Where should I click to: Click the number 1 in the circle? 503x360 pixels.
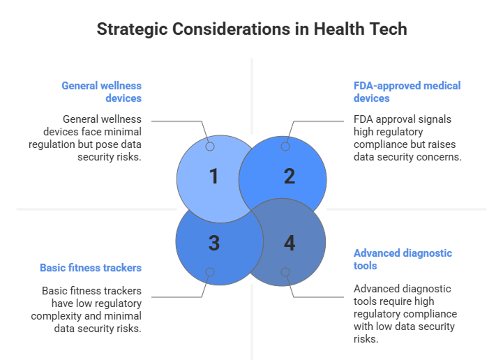(x=214, y=177)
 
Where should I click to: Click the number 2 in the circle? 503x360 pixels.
(x=290, y=177)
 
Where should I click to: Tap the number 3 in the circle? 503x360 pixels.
(x=214, y=243)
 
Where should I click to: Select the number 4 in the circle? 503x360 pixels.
(x=290, y=243)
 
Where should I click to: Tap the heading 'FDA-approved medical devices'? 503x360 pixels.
(x=407, y=92)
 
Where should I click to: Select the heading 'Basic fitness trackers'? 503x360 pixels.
(x=91, y=267)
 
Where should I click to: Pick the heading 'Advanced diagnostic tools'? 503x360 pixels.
(x=403, y=259)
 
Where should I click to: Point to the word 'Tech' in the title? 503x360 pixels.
(x=387, y=29)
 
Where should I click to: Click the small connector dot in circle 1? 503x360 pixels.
(x=210, y=147)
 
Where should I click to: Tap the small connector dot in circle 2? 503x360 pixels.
(x=285, y=147)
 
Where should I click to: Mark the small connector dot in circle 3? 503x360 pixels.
(x=210, y=272)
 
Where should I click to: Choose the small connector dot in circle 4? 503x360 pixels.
(x=285, y=272)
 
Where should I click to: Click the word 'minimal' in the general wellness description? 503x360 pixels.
(x=123, y=132)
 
